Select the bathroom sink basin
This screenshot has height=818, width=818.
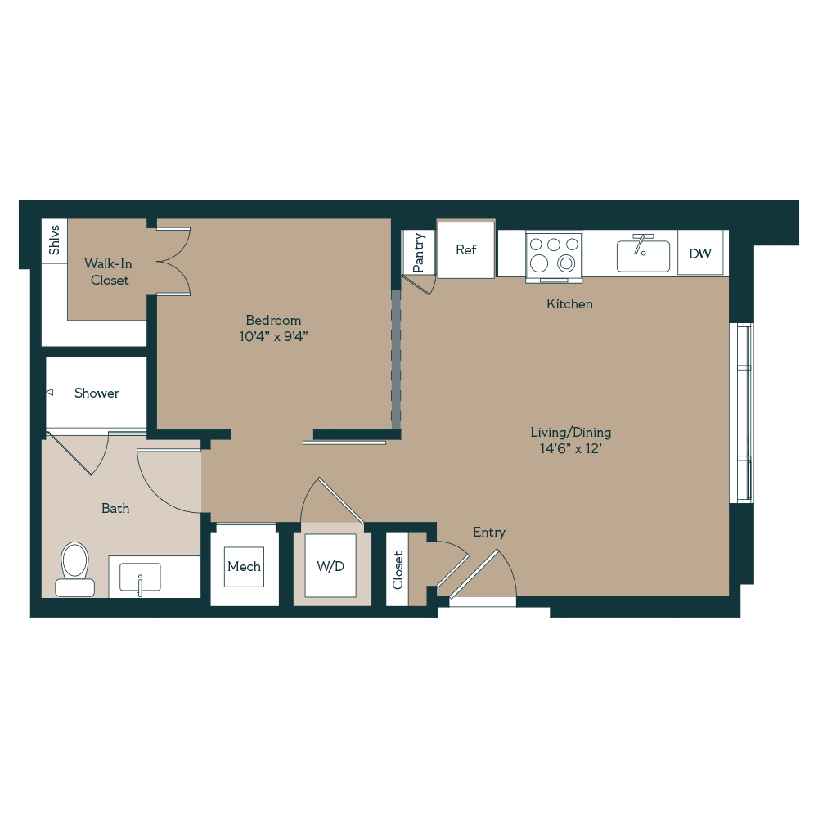coord(140,577)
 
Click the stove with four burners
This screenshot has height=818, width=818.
coord(554,254)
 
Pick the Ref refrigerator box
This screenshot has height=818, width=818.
coord(465,249)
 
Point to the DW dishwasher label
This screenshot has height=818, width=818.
coord(700,254)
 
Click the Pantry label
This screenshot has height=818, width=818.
coord(419,253)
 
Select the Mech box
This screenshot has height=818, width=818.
coord(244,567)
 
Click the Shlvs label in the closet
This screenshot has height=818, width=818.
coord(55,241)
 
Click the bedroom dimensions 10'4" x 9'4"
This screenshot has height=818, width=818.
coord(273,335)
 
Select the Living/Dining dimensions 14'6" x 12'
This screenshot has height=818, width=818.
coord(570,448)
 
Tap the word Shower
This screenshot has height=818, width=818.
coord(97,393)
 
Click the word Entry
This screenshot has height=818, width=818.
coord(488,533)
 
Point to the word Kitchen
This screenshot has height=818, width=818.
coord(569,303)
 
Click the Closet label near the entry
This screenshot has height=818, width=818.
coord(398,569)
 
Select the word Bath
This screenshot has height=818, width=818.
coord(115,508)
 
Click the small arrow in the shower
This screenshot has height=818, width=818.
coord(49,393)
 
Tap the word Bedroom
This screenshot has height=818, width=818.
coord(273,320)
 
